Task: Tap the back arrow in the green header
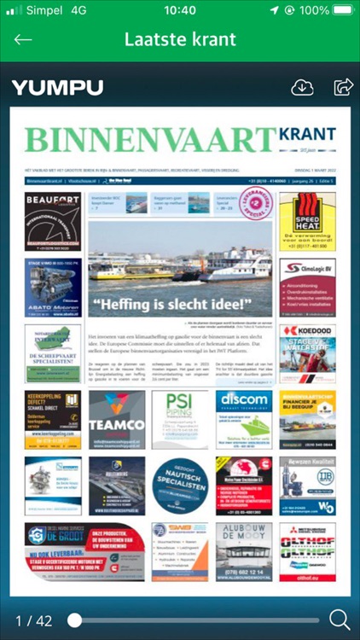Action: click(x=23, y=39)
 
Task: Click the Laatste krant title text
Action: click(x=180, y=39)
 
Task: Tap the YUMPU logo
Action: click(x=57, y=87)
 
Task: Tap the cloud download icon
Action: click(x=303, y=87)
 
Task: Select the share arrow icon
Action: click(x=343, y=86)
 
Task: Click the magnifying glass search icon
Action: click(x=340, y=620)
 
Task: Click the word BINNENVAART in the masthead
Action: click(x=150, y=140)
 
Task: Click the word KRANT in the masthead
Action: click(x=308, y=135)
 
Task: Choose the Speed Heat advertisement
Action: click(x=307, y=220)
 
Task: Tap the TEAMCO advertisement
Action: click(x=117, y=419)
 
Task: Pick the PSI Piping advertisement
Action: click(x=180, y=419)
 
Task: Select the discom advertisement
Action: click(x=244, y=419)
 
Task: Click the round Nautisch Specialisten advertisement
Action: click(x=180, y=485)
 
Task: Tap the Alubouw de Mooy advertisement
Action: click(x=244, y=551)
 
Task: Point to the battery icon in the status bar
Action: click(x=343, y=10)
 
